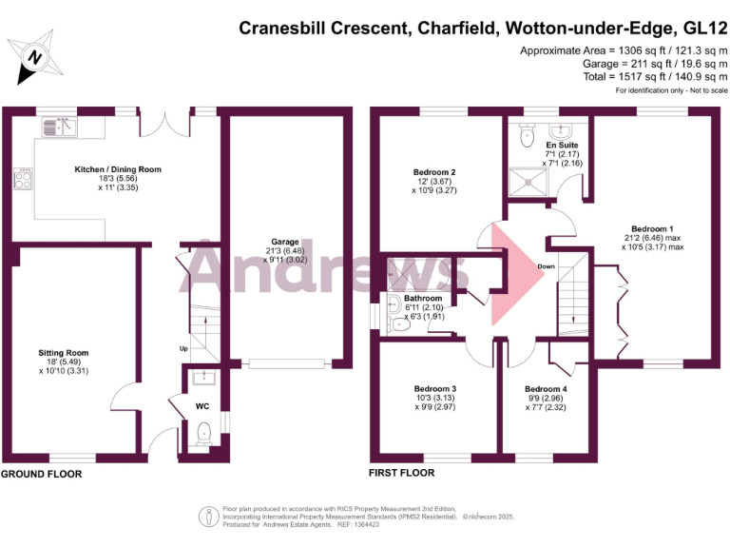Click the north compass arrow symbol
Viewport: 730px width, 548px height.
(34, 56)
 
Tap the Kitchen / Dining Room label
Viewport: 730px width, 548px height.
(119, 169)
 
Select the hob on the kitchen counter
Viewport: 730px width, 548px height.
(24, 178)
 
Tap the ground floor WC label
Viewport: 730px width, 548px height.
(202, 406)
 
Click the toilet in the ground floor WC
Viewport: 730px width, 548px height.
(202, 435)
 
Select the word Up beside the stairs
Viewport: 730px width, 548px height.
(182, 348)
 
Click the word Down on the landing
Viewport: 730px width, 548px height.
(546, 266)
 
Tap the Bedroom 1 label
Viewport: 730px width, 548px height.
(653, 228)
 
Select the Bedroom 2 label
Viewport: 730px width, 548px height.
(433, 172)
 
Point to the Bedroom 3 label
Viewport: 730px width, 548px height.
(434, 388)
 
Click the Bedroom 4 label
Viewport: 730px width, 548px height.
(546, 388)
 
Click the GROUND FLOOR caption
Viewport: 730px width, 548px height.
(41, 473)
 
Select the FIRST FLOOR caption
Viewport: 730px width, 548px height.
(401, 473)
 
